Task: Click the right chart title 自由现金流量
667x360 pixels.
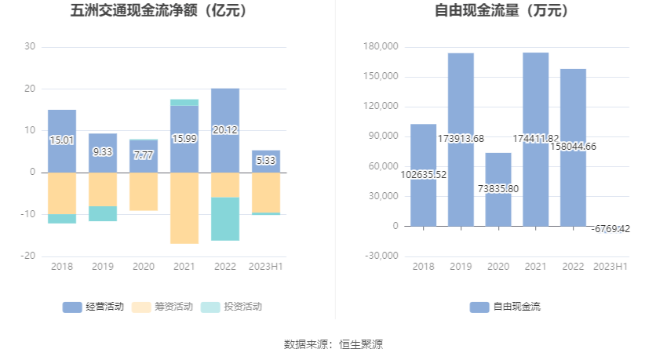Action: (502, 11)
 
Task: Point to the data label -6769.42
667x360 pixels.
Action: (611, 229)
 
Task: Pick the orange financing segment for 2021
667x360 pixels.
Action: (184, 208)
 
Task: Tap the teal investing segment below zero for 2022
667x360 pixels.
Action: (225, 219)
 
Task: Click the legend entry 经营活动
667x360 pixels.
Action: (93, 307)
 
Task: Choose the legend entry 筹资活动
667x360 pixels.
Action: (162, 307)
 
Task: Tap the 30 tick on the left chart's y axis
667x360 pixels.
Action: (30, 47)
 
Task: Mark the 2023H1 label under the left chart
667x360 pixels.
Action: (266, 267)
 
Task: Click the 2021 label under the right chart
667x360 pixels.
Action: (535, 267)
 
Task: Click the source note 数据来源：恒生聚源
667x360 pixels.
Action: (333, 344)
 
